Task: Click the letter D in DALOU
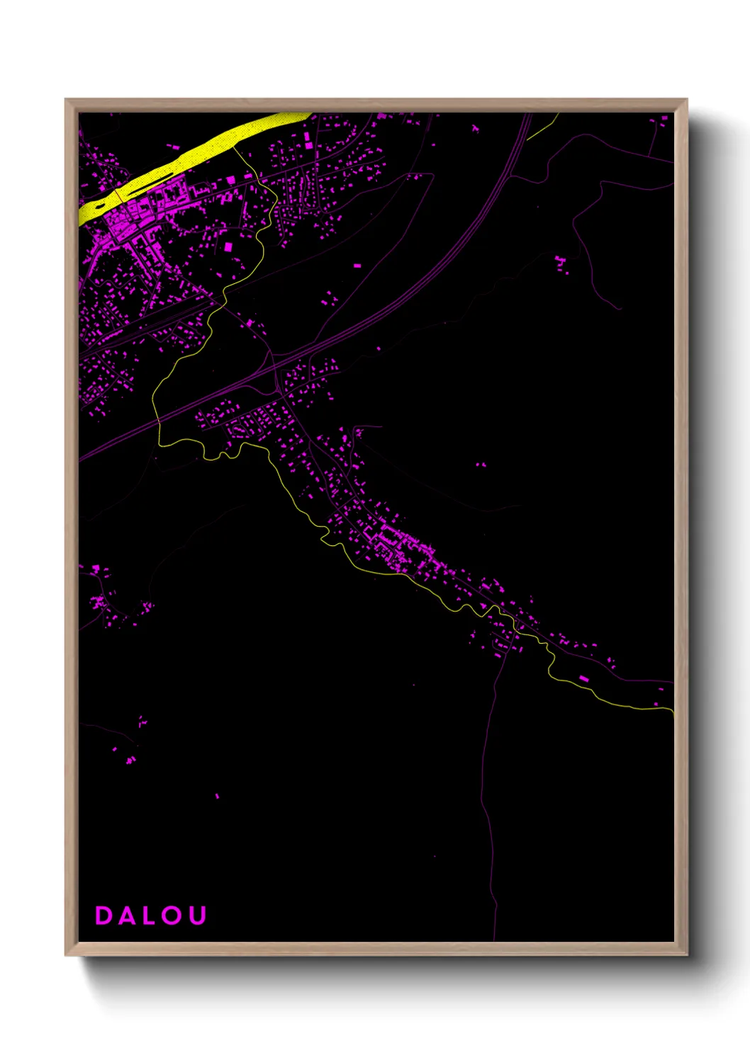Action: point(103,916)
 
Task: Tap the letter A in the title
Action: point(127,916)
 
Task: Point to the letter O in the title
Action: point(172,916)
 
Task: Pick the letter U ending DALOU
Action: point(198,916)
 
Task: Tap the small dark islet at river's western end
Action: point(99,207)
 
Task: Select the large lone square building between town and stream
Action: point(228,247)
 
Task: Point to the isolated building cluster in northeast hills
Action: point(561,264)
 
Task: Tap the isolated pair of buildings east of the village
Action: point(481,465)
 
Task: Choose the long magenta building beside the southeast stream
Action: point(584,679)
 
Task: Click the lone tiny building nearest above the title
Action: point(217,796)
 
